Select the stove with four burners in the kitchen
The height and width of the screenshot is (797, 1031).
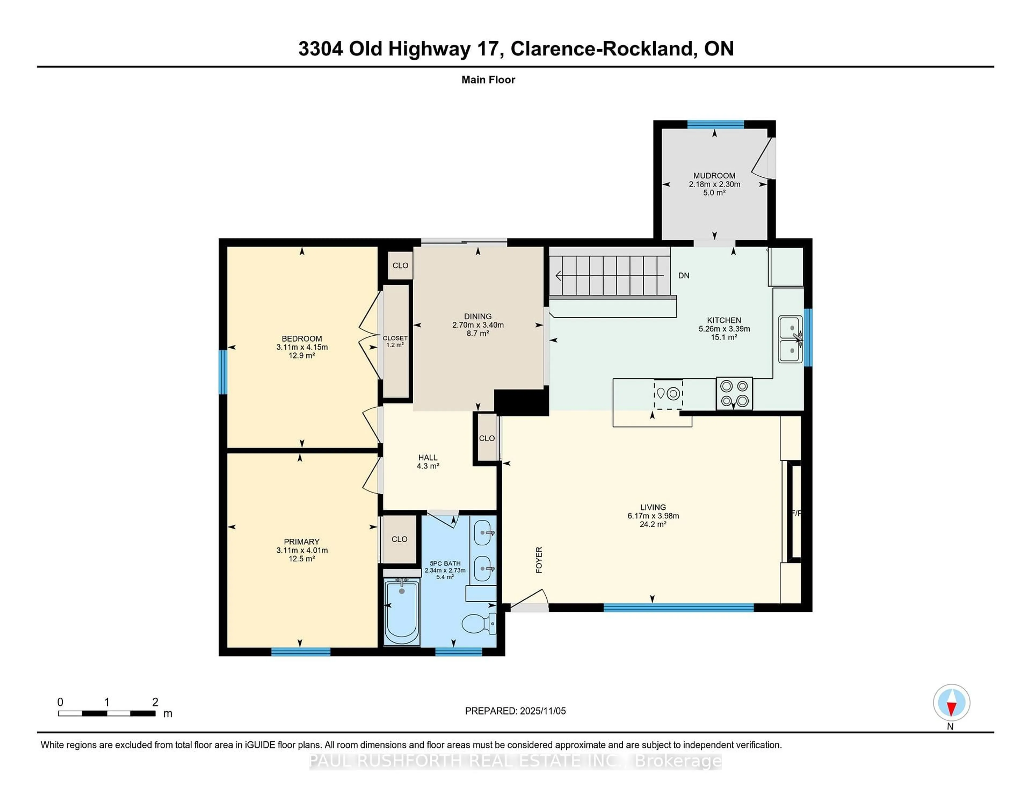click(734, 393)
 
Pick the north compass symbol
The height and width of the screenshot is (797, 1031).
click(951, 702)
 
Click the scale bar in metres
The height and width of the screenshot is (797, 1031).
click(107, 713)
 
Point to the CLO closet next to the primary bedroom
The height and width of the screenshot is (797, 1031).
click(399, 539)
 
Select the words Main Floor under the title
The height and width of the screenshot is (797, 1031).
click(488, 80)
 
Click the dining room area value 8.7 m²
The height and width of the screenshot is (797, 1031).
click(478, 333)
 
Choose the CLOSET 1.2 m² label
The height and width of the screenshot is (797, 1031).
click(395, 341)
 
